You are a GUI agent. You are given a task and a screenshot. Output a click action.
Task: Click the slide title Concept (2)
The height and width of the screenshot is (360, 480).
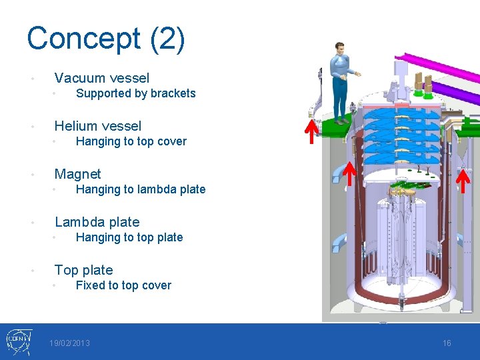(106, 39)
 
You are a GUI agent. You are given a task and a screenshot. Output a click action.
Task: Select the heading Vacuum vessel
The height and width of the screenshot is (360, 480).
(101, 78)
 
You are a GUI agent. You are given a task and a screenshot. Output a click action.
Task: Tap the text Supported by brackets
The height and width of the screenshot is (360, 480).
(135, 93)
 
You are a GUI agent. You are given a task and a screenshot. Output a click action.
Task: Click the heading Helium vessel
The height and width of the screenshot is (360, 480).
(97, 126)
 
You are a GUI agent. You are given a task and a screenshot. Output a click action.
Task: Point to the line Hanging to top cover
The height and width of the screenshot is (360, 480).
(131, 141)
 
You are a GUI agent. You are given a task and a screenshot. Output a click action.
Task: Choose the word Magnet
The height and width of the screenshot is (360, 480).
(77, 174)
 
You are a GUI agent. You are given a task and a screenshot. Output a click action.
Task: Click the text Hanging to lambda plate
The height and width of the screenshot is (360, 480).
(140, 189)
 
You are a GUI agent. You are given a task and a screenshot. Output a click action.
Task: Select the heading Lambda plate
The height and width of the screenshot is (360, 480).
(97, 222)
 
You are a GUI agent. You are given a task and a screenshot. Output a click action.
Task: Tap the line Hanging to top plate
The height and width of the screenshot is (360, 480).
(129, 237)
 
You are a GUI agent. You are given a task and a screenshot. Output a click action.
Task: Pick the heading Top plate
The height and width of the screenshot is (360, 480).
(83, 270)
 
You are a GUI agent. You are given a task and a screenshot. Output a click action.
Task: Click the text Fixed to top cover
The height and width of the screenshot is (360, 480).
(123, 285)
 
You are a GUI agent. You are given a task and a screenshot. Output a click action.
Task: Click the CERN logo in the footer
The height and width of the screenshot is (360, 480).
(18, 342)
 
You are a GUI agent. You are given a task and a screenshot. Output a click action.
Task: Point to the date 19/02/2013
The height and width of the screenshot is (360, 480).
(69, 343)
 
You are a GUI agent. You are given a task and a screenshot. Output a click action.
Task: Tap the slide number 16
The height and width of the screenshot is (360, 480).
(447, 343)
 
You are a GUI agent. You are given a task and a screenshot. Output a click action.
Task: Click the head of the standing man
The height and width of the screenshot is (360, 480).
(340, 49)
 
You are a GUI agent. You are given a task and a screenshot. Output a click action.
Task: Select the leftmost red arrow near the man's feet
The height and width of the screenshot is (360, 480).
(311, 131)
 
